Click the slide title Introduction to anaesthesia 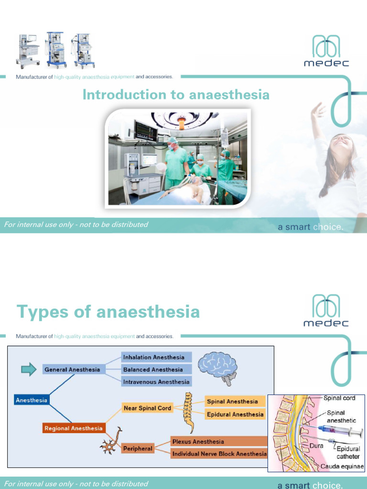pyautogui.click(x=176, y=95)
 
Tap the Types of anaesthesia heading pyautogui.click(x=108, y=312)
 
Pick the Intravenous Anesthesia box pyautogui.click(x=156, y=382)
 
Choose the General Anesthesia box pyautogui.click(x=72, y=370)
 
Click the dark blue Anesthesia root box pyautogui.click(x=32, y=400)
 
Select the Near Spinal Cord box pyautogui.click(x=147, y=408)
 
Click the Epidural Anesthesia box pyautogui.click(x=235, y=415)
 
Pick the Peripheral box pyautogui.click(x=138, y=448)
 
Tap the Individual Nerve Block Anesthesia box pyautogui.click(x=219, y=454)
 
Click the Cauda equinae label pyautogui.click(x=342, y=466)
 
